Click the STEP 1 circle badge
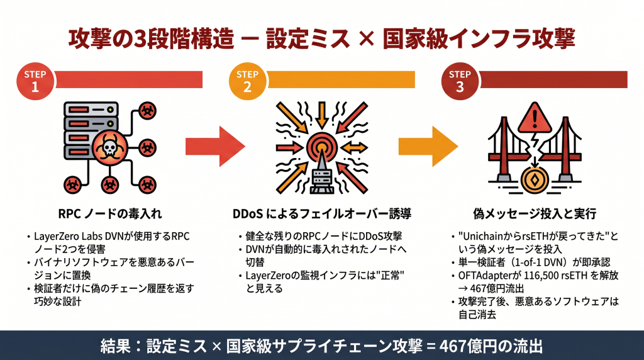pos(35,81)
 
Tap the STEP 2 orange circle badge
pos(247,81)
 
